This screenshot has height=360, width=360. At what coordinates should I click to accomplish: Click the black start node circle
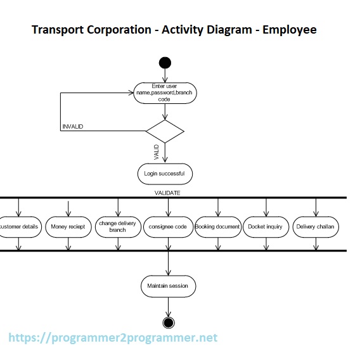point(165,62)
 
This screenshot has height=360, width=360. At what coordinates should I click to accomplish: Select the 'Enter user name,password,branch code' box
point(164,93)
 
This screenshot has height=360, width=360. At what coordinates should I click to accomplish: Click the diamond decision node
point(165,131)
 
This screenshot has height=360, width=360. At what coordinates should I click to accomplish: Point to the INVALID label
point(72,127)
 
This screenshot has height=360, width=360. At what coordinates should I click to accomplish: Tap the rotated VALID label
point(157,152)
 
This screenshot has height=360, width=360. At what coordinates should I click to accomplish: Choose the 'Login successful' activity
point(164,173)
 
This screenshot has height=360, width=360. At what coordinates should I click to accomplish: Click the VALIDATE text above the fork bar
point(167,192)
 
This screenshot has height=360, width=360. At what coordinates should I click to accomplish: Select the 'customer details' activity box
point(19,226)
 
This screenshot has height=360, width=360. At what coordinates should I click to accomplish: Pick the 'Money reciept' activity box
point(68,226)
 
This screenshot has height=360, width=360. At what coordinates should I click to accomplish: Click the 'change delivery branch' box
point(117,226)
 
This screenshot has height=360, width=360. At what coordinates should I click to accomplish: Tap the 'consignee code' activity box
point(167,226)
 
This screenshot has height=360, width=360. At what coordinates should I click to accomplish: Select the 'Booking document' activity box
point(217,226)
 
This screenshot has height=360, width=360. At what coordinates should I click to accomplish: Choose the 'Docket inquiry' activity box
point(265,226)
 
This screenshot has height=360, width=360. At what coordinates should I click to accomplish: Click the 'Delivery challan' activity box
point(316,226)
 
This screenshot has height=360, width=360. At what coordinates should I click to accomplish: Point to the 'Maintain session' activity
point(167,286)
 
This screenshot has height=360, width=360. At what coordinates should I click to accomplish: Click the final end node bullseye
point(168,323)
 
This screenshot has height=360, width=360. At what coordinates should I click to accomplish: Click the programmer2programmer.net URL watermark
point(113,338)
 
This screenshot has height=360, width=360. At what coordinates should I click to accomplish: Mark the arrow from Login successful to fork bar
point(164,190)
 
